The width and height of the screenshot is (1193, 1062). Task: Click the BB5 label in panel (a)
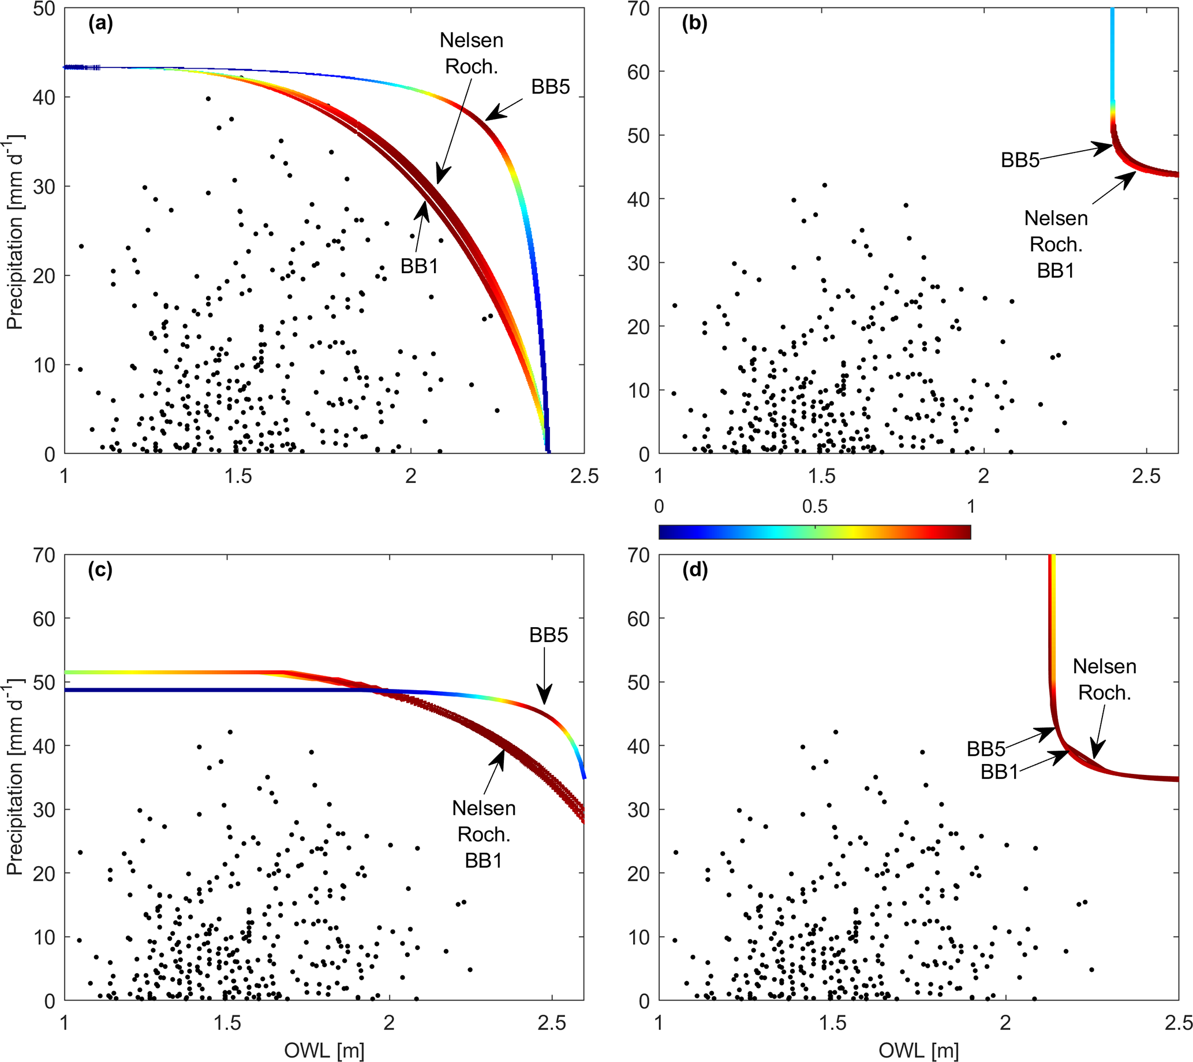pos(550,87)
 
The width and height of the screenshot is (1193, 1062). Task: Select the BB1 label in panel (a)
pos(418,266)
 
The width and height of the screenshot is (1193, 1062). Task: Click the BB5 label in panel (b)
pos(1020,160)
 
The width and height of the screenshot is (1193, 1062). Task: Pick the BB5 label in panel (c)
pos(548,635)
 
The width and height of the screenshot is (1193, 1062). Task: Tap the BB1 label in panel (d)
pos(998,772)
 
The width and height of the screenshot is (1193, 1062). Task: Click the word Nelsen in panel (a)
pos(471,40)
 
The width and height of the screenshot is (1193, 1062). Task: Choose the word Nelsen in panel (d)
pos(1104,666)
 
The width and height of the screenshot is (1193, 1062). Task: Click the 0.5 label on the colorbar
pos(814,506)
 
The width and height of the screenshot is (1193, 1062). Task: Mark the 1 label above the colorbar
pos(971,506)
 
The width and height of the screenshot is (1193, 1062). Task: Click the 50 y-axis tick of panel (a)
pos(44,9)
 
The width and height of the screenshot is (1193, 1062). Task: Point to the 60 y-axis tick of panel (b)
pos(639,72)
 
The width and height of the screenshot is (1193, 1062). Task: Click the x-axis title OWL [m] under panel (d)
pos(918,1050)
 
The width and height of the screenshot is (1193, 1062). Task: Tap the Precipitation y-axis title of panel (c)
pos(14,777)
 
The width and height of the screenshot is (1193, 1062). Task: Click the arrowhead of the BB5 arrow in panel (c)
pos(544,701)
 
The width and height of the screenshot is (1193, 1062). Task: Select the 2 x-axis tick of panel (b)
pos(983,476)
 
